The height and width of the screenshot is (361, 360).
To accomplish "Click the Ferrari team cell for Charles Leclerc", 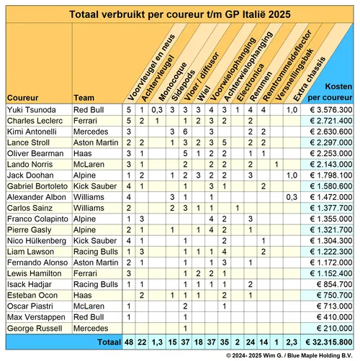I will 86,121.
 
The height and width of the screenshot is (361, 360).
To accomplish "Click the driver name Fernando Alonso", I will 34,262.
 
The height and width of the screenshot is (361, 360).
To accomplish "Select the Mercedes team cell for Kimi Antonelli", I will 89,132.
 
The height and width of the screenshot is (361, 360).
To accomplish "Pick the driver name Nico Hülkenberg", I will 34,240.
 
